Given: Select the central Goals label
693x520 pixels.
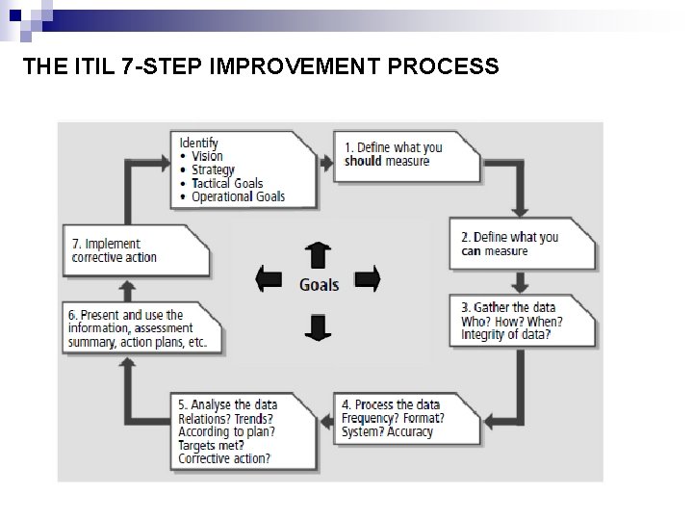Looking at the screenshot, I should (319, 285).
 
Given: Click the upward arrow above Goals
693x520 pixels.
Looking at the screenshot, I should (317, 254).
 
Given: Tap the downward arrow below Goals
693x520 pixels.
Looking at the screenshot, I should (317, 326).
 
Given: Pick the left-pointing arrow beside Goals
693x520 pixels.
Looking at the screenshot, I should (269, 280).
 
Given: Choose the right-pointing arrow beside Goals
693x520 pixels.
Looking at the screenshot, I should (368, 280).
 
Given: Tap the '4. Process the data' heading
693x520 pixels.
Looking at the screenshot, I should (392, 404).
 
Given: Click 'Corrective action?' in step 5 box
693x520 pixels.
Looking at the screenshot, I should (224, 458).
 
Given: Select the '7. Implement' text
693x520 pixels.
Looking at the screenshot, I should (106, 244).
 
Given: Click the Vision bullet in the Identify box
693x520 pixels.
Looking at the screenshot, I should (206, 156).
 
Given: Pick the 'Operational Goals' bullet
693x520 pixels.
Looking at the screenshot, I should (238, 196).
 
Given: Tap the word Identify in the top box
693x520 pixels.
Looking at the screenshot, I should (198, 143).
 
